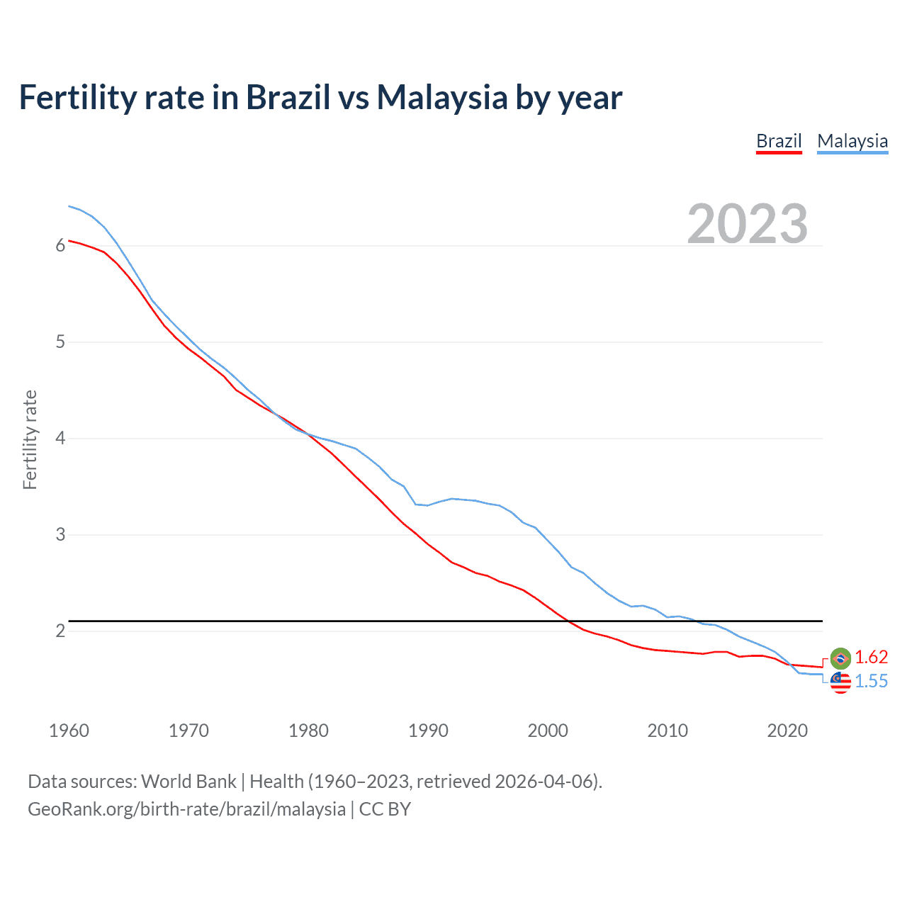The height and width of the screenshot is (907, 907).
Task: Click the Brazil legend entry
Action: [779, 141]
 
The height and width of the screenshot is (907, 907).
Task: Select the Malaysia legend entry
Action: [852, 141]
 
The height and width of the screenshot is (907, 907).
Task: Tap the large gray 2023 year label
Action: [748, 224]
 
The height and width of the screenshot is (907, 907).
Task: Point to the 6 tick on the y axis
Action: [60, 246]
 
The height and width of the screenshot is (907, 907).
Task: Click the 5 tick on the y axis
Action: [60, 342]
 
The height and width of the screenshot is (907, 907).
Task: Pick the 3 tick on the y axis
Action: [60, 535]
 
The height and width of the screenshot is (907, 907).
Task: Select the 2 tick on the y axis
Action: [60, 631]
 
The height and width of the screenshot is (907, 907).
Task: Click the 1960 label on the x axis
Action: [69, 731]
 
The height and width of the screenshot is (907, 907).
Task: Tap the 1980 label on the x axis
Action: [308, 731]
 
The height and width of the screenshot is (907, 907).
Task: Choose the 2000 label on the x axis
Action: [548, 731]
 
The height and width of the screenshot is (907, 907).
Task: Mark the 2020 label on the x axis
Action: [787, 731]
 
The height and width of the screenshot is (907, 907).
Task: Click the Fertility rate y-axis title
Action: [30, 439]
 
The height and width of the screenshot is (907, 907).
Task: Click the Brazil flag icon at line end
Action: [840, 658]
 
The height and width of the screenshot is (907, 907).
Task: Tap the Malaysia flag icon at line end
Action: [840, 682]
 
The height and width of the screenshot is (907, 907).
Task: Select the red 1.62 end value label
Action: [871, 658]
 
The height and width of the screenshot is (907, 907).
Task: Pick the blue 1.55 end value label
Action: [871, 682]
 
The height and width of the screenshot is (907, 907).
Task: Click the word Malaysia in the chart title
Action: [442, 97]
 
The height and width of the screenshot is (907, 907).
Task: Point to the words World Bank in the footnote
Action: [188, 782]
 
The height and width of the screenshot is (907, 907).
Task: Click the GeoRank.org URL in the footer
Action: [186, 809]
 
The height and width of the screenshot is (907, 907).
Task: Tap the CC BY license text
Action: [385, 809]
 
